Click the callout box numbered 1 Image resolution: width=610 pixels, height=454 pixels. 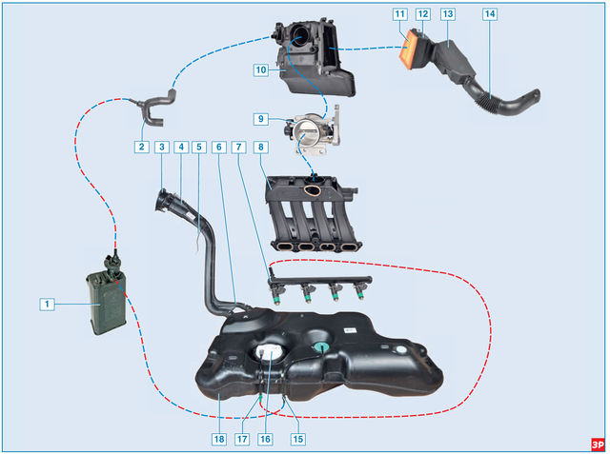(x=45, y=304)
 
